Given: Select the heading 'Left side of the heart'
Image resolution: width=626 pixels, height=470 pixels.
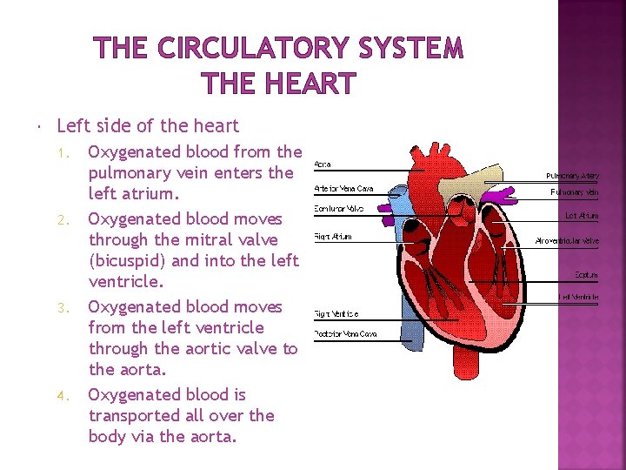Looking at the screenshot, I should (147, 125).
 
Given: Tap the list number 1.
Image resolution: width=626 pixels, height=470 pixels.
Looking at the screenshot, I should (60, 153).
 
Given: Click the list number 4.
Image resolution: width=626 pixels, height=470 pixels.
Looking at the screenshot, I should (60, 396).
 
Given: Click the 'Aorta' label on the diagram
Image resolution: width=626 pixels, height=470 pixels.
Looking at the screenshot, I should (322, 164).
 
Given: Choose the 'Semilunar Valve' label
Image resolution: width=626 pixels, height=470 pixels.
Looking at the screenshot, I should (338, 209).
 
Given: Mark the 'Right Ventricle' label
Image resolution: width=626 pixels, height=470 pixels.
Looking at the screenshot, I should (336, 313).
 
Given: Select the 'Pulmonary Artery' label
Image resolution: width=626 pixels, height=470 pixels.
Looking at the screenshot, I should (572, 174).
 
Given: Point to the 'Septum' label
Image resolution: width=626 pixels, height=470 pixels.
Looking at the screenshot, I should (586, 275).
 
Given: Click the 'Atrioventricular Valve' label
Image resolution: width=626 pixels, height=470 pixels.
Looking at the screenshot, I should (568, 241).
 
